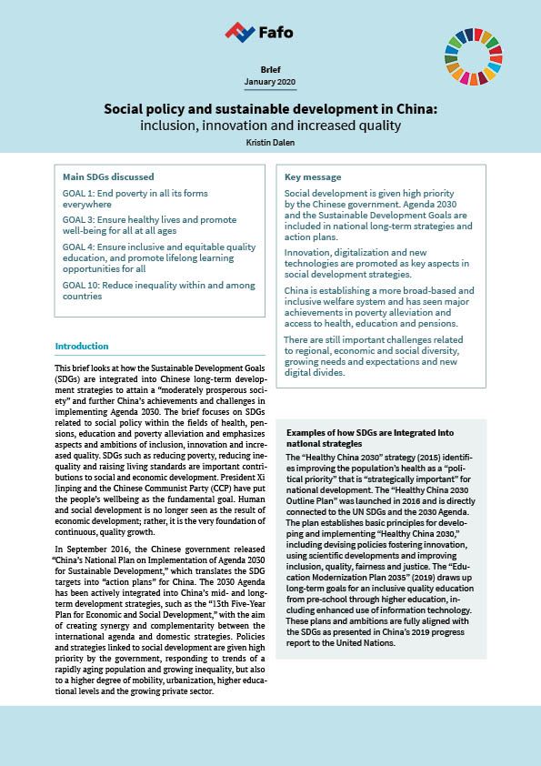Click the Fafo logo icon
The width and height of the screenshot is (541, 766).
[239, 32]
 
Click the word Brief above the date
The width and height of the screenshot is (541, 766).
[270, 69]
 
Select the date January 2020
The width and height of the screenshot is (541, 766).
[270, 83]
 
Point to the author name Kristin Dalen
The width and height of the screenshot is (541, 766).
[270, 143]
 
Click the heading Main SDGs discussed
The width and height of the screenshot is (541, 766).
[108, 176]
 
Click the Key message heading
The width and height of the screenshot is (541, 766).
[313, 176]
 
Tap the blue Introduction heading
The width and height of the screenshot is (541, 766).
[82, 347]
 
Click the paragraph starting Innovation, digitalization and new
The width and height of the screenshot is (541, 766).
[376, 264]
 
